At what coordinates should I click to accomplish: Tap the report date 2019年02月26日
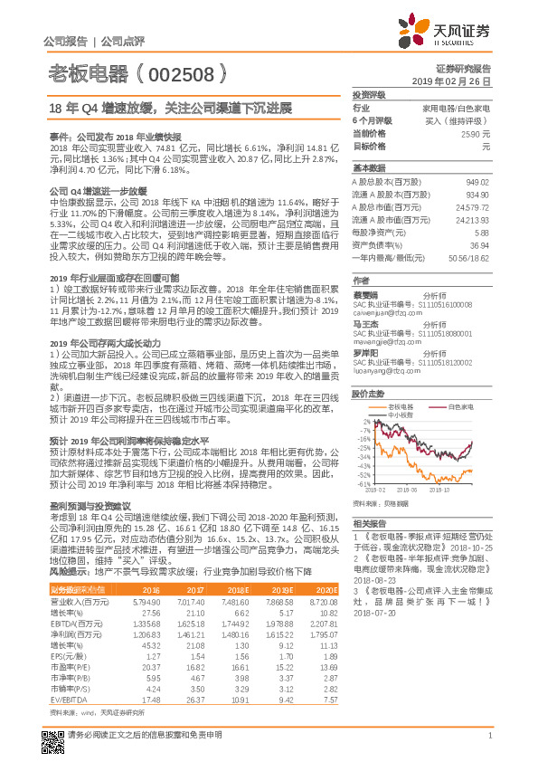[457, 81]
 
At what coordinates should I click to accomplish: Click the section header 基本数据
[369, 168]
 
